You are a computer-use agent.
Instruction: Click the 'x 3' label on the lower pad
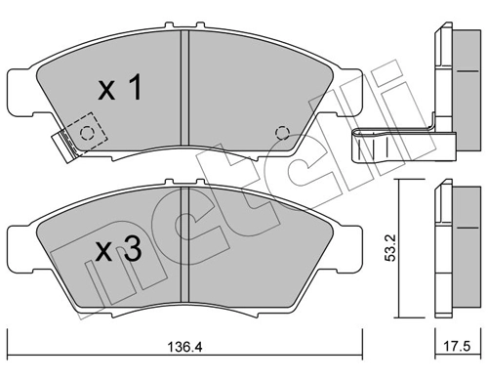pyautogui.click(x=119, y=250)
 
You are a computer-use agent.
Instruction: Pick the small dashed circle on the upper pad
pyautogui.click(x=283, y=134)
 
